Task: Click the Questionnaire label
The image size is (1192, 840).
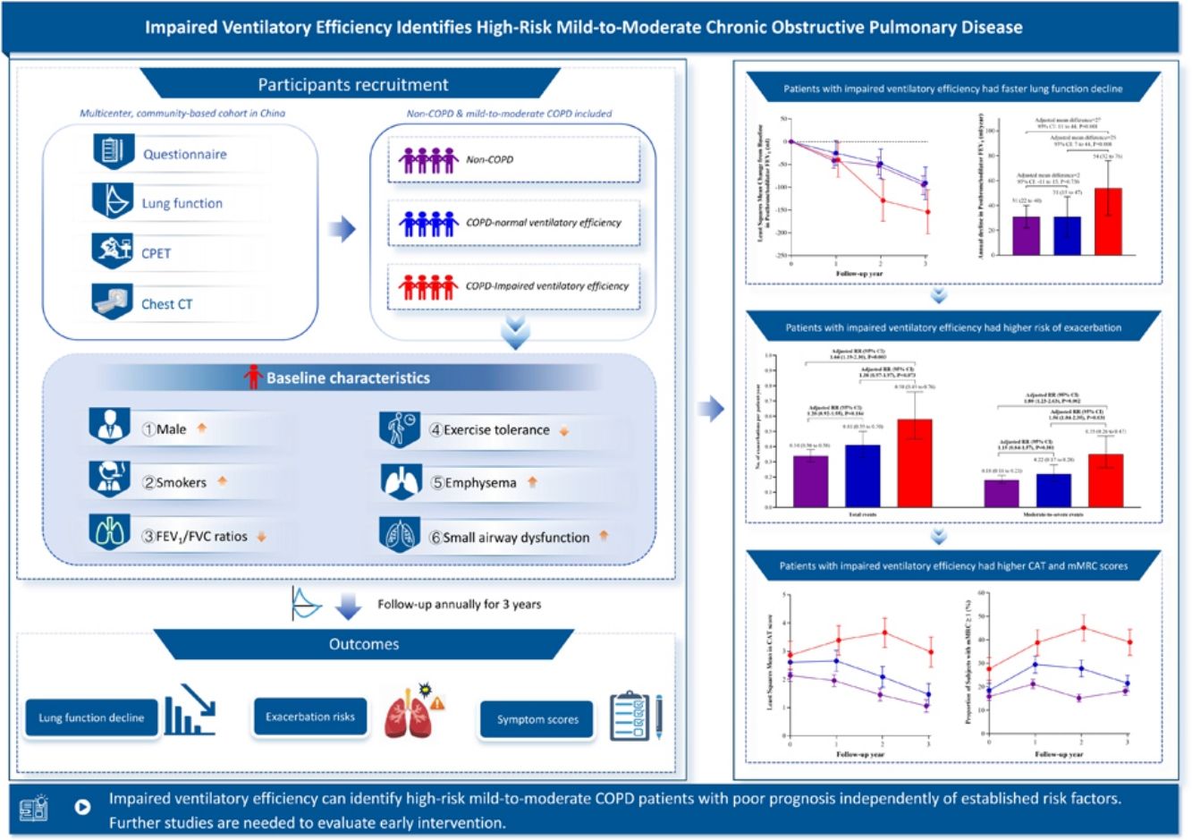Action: click(x=184, y=154)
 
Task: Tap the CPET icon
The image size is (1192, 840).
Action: click(x=113, y=251)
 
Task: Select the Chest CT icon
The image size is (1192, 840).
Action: click(x=113, y=302)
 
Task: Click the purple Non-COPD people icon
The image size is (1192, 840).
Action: click(x=428, y=160)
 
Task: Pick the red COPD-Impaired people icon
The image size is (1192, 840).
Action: click(x=428, y=286)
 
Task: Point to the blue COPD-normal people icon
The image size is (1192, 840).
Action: click(x=428, y=223)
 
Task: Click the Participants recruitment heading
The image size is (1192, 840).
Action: click(x=352, y=85)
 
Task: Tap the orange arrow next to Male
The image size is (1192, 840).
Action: click(x=202, y=428)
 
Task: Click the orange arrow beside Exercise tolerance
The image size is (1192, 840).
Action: click(x=564, y=430)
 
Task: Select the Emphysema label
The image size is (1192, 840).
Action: click(x=480, y=483)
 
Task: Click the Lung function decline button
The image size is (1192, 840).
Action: click(x=91, y=717)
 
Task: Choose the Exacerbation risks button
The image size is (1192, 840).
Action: click(x=310, y=717)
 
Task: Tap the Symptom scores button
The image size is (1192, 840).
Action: click(x=537, y=719)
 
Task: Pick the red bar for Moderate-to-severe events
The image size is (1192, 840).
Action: click(x=1104, y=480)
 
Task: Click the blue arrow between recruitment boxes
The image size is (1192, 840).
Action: click(x=342, y=230)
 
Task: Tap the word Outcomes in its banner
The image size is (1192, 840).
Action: click(x=364, y=644)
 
